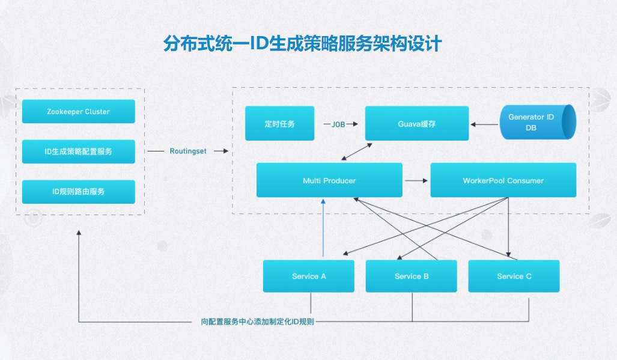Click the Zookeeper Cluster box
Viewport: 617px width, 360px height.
(x=78, y=112)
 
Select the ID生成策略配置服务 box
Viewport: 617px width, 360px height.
(x=78, y=151)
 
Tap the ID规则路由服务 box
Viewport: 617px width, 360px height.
(x=78, y=191)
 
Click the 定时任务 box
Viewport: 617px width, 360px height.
(x=279, y=124)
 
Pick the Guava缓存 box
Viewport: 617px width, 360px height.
(x=416, y=124)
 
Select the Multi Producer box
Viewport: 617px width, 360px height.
(x=329, y=180)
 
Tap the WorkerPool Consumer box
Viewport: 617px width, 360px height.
(x=503, y=180)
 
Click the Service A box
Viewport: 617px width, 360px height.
(x=309, y=276)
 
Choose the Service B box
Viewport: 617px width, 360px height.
(x=412, y=276)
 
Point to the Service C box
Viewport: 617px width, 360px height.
(x=514, y=276)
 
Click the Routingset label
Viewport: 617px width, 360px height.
(x=187, y=151)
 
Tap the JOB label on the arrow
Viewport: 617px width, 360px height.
(x=339, y=124)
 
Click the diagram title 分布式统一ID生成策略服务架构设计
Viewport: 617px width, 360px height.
(x=302, y=44)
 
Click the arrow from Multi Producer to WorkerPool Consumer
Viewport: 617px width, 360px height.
(x=416, y=180)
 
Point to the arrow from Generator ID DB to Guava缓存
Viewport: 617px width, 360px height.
(x=484, y=124)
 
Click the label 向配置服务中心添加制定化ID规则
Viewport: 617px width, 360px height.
(x=257, y=322)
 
